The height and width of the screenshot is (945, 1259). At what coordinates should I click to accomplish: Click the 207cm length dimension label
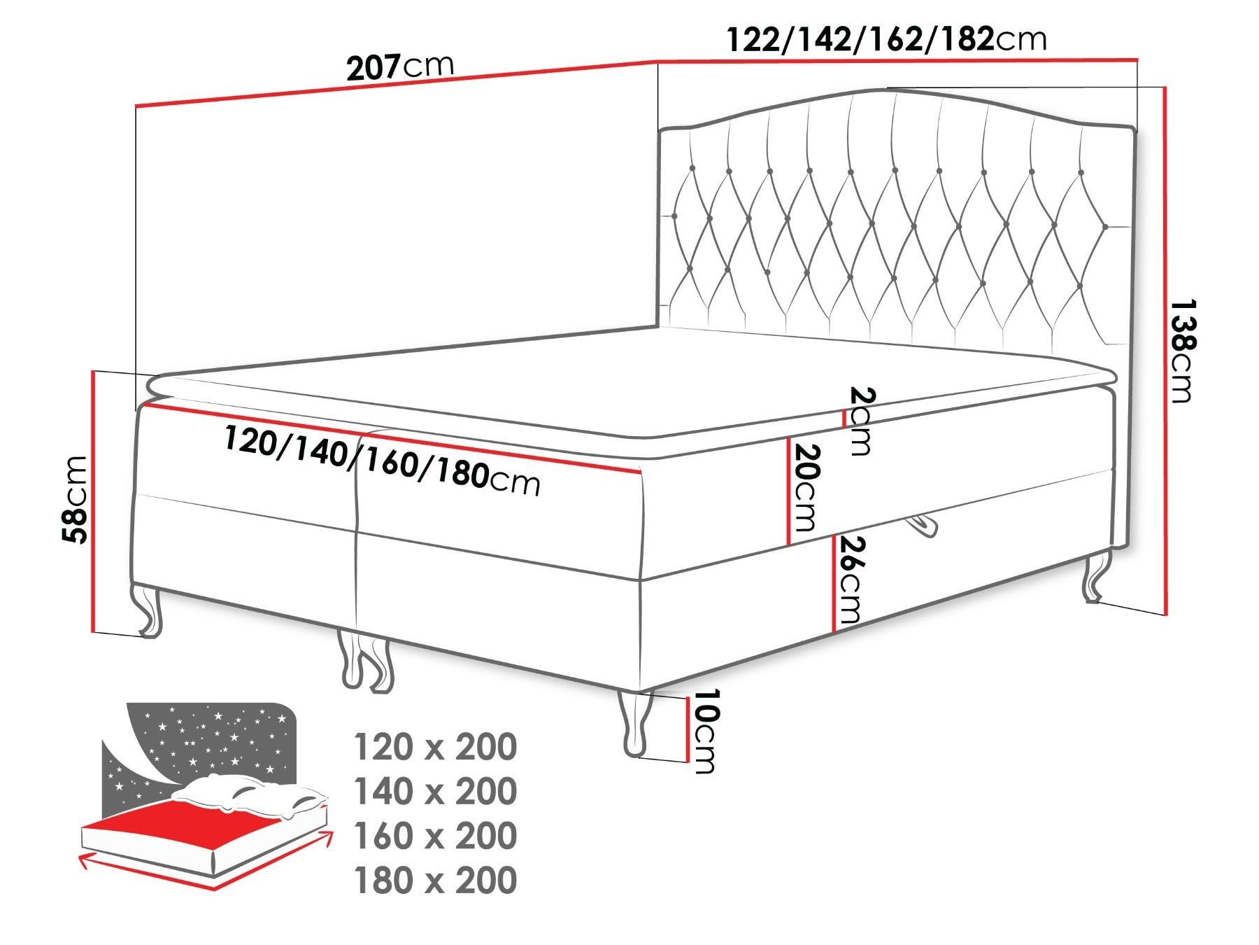point(400,66)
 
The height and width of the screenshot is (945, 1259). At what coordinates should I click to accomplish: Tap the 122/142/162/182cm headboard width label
point(887,39)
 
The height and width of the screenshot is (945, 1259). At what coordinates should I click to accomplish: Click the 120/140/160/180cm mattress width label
point(382,461)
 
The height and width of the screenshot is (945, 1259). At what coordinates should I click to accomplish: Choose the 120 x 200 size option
point(436,747)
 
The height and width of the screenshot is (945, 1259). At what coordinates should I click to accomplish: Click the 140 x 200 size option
point(436,791)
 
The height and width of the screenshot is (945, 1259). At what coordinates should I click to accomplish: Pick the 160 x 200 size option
point(436,835)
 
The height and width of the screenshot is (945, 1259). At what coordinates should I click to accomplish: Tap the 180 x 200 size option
point(436,880)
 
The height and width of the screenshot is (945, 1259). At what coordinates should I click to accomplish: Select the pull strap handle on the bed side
point(922,526)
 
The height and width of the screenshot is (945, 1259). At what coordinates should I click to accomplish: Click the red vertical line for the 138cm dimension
point(1165,351)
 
